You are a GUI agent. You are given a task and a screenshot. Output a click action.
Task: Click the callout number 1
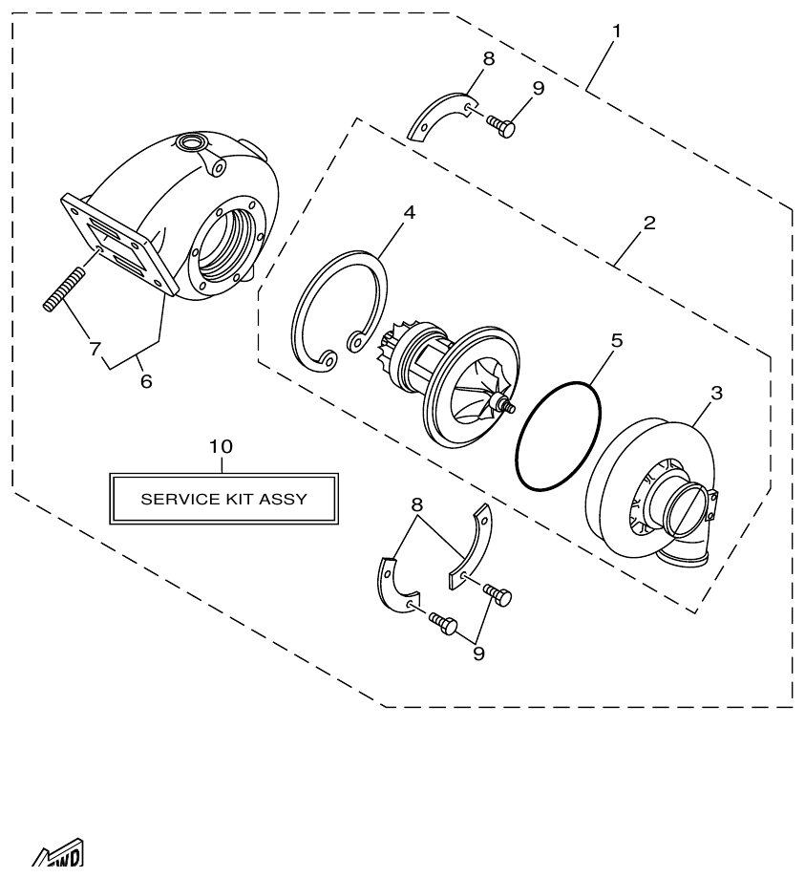[x=616, y=31]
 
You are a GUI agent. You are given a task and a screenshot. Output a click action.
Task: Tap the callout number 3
[x=716, y=392]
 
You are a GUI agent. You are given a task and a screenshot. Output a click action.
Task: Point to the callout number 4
[x=409, y=212]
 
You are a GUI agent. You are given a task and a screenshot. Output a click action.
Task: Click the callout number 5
[x=617, y=340]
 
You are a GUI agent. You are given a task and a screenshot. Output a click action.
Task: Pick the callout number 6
[x=146, y=380]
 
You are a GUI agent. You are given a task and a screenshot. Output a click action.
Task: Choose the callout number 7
[x=95, y=349]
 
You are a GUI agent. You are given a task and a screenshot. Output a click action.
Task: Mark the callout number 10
[x=221, y=446]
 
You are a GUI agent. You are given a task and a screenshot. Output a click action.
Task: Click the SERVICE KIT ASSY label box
[x=224, y=498]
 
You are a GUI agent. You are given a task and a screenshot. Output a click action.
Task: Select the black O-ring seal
[x=559, y=436]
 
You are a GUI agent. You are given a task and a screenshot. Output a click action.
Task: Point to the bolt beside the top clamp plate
[x=501, y=125]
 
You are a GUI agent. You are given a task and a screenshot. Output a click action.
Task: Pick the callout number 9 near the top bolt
[x=539, y=88]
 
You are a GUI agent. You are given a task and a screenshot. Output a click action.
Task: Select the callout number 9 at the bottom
[x=478, y=653]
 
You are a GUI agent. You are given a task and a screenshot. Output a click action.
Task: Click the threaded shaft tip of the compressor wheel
[x=512, y=408]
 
